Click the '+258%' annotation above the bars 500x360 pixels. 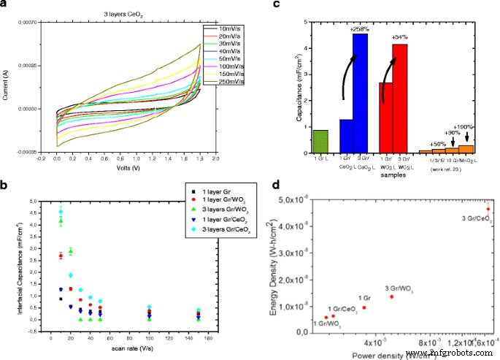tap(358, 28)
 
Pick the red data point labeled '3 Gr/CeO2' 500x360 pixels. tap(488, 209)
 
